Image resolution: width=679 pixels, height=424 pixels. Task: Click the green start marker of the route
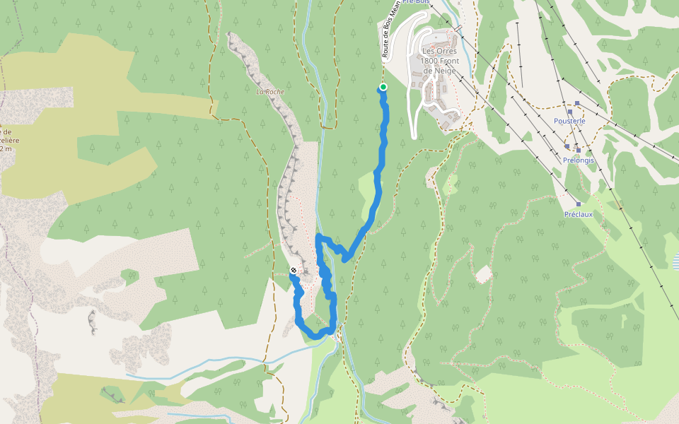383,87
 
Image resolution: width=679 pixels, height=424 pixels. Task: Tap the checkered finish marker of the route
294,271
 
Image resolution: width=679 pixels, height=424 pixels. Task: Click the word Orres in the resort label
448,52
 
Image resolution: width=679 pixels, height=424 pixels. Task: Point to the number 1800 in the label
431,61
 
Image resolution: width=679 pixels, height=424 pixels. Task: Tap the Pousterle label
569,121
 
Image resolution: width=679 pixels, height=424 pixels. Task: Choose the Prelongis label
579,160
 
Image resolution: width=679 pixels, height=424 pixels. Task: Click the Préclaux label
578,214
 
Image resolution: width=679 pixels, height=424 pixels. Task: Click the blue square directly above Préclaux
578,204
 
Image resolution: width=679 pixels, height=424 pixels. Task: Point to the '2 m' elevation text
6,149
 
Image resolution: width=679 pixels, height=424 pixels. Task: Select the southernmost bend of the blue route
316,336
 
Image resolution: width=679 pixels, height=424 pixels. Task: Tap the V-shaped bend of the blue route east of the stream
345,259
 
